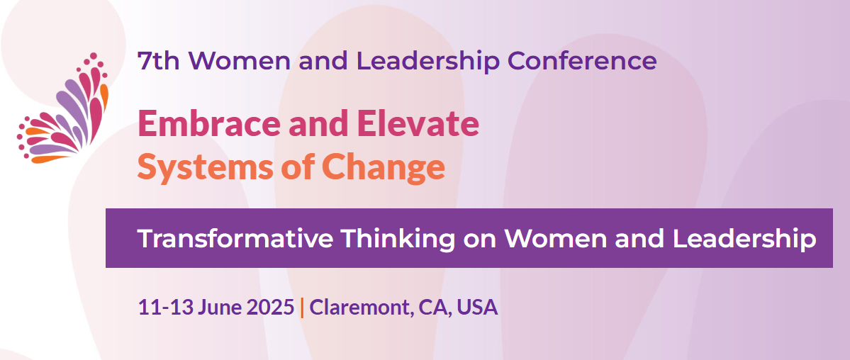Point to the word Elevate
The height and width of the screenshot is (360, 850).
pyautogui.click(x=418, y=123)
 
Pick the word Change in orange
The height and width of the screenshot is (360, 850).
pyautogui.click(x=384, y=168)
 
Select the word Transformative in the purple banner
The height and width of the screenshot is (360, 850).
pyautogui.click(x=235, y=239)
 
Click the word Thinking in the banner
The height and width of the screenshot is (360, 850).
pyautogui.click(x=398, y=240)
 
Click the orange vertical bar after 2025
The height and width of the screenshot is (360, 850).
pyautogui.click(x=302, y=307)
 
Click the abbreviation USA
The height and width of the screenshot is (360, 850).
pyautogui.click(x=477, y=307)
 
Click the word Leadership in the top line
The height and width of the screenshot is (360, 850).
pyautogui.click(x=427, y=62)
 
